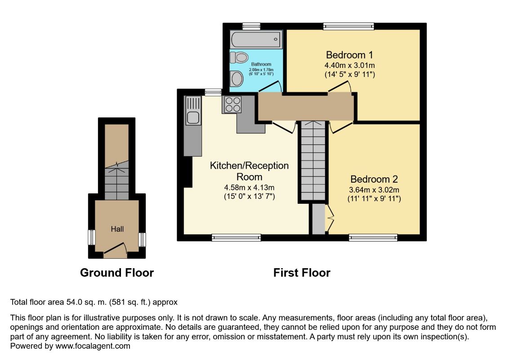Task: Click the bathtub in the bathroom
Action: coord(256,40)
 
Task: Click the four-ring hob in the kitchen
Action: coord(233,104)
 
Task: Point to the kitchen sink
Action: coord(193,117)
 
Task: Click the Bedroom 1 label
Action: coord(349,55)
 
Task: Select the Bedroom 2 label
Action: coord(374,179)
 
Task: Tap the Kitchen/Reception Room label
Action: coord(249,171)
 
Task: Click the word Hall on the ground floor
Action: coord(117,229)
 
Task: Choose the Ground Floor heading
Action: coord(117,273)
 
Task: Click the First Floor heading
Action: coord(302,273)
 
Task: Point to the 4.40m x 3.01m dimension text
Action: coord(349,66)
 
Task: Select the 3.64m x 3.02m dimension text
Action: coord(374,189)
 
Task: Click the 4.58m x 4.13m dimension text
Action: coord(249,187)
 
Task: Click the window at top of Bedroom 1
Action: coord(349,27)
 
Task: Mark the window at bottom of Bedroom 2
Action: coord(373,237)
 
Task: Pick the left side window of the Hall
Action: coord(91,237)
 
